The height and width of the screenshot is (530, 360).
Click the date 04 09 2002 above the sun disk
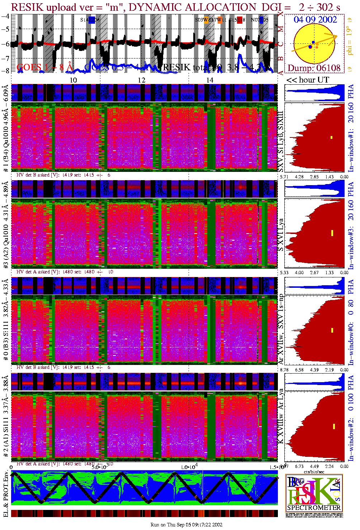[315, 19]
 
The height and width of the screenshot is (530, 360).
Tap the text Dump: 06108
[314, 68]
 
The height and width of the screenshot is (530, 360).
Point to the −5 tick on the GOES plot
[5, 29]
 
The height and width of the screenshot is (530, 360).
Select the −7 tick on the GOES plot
[5, 58]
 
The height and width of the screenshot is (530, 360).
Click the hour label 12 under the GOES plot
[141, 80]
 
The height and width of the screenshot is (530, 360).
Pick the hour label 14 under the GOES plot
[209, 80]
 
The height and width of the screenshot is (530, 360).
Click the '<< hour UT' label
[307, 80]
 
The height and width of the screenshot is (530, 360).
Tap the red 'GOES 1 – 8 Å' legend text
[45, 67]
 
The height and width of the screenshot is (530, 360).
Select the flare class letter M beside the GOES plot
[281, 29]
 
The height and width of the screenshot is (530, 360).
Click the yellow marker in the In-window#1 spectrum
[332, 137]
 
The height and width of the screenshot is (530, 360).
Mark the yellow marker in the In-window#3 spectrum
[332, 233]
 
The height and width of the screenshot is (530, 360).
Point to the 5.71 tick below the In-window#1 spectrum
[284, 177]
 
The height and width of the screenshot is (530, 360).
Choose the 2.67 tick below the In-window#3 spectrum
[314, 273]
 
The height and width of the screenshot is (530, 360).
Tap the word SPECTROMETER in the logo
[314, 507]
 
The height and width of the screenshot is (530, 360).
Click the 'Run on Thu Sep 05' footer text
[186, 525]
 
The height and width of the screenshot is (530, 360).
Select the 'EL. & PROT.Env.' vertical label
[6, 494]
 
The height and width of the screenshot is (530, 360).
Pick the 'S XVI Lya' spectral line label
[281, 235]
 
